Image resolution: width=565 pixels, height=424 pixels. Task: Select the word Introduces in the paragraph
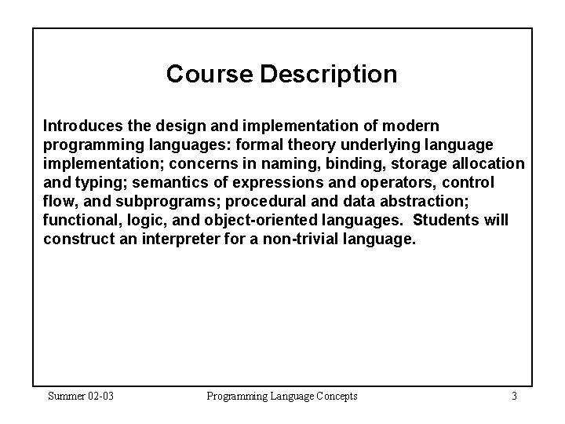pyautogui.click(x=81, y=126)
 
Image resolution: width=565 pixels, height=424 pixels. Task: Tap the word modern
pyautogui.click(x=414, y=126)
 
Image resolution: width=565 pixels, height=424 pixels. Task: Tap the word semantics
pyautogui.click(x=168, y=182)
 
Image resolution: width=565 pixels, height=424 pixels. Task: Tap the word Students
pyautogui.click(x=447, y=220)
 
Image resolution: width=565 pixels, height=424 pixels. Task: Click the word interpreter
pyautogui.click(x=181, y=239)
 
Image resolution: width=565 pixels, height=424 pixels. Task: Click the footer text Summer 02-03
pyautogui.click(x=81, y=396)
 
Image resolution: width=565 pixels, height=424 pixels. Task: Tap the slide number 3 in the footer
pyautogui.click(x=513, y=396)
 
